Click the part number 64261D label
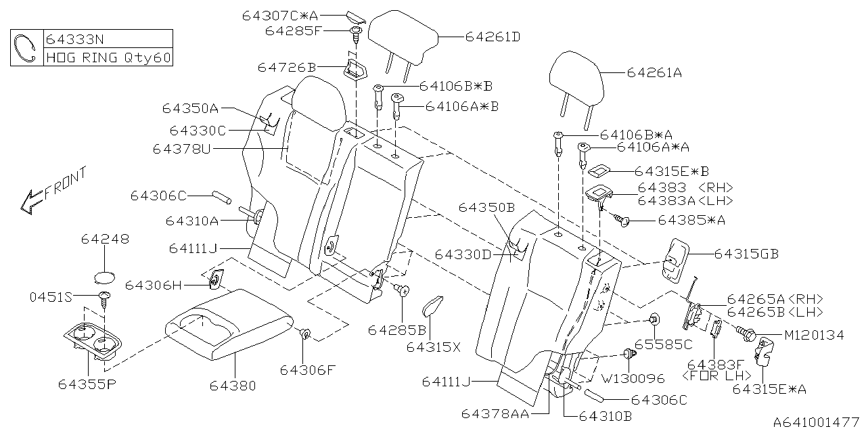pyautogui.click(x=493, y=37)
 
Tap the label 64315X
pyautogui.click(x=433, y=347)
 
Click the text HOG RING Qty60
pyautogui.click(x=108, y=58)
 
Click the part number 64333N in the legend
pyautogui.click(x=74, y=39)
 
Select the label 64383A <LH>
pyautogui.click(x=685, y=200)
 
